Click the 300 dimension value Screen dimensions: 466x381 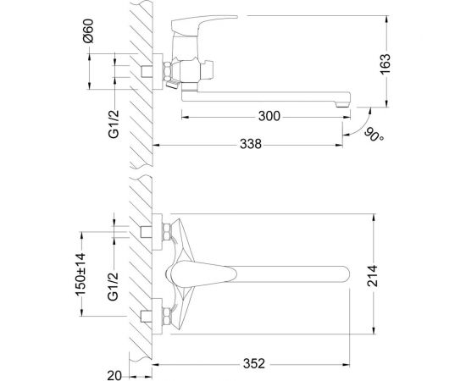coord(269,116)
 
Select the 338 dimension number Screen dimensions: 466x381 coord(251,144)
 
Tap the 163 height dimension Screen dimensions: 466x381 coord(385,64)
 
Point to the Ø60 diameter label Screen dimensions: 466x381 coord(88,30)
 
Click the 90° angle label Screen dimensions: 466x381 coord(374,135)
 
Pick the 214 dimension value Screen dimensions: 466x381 coord(372,276)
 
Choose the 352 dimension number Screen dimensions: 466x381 coord(254,363)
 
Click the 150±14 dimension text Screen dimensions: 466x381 coord(80,274)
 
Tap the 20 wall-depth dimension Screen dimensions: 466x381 coord(114,376)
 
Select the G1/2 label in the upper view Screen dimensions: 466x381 coord(114,124)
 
